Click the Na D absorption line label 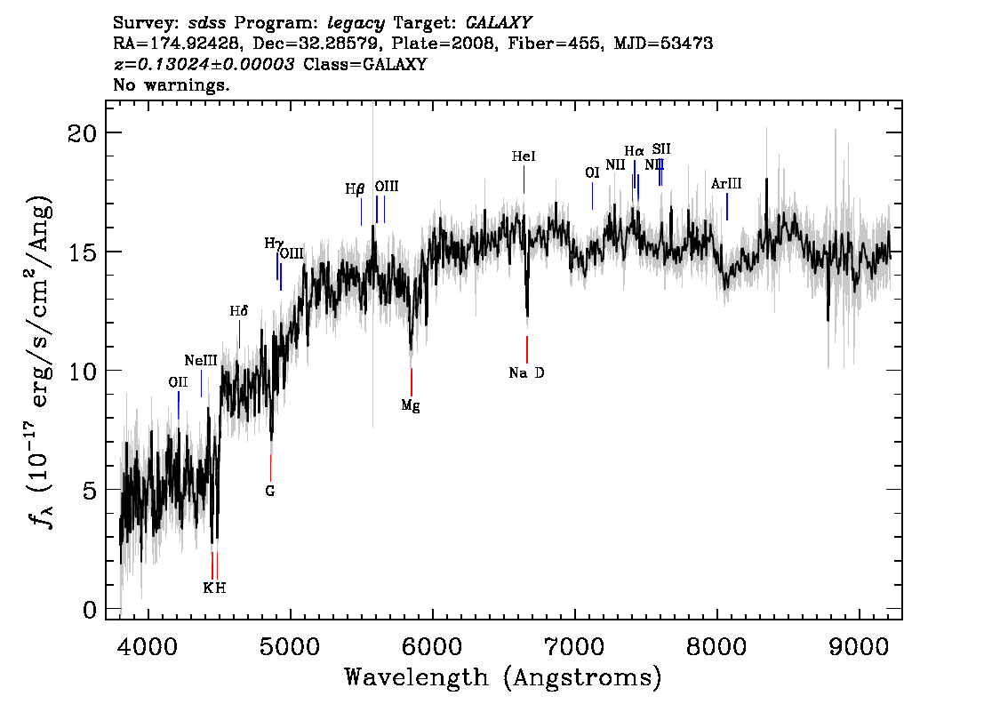click(526, 372)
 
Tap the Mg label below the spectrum click(410, 405)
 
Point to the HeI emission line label click(524, 156)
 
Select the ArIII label click(726, 184)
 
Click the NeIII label click(201, 360)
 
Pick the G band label click(270, 492)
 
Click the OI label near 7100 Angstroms click(592, 172)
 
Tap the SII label click(661, 149)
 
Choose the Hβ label click(355, 189)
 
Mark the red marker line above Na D click(527, 349)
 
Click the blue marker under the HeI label click(524, 180)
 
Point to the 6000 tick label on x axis click(433, 647)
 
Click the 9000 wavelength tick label click(859, 647)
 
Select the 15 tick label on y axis click(83, 252)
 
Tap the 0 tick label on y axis click(90, 610)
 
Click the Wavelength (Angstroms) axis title click(503, 677)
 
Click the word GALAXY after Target click(498, 23)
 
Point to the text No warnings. click(171, 84)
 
